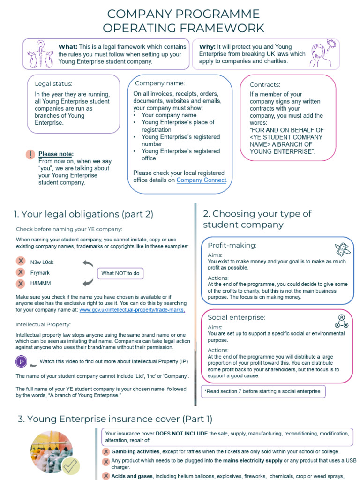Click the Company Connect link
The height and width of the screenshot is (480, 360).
tap(202, 180)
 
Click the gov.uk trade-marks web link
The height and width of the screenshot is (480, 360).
tap(132, 310)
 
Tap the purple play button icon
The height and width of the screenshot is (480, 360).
tap(21, 361)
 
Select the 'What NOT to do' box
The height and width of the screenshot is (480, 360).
tap(120, 273)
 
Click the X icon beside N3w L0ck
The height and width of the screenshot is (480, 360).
tap(21, 262)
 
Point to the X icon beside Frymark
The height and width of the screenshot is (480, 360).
tap(21, 272)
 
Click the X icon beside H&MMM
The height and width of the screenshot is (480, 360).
tap(21, 284)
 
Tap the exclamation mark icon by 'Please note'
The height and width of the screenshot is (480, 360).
tap(30, 154)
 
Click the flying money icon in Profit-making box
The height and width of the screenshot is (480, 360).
tap(343, 249)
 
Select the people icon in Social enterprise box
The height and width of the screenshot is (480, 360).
tap(342, 321)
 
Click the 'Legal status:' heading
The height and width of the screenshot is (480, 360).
tap(53, 84)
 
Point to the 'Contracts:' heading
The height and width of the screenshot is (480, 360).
tap(265, 85)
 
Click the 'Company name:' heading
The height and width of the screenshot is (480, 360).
tap(157, 83)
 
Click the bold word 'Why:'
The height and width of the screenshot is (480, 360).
tap(207, 47)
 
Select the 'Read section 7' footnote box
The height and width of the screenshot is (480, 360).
tap(263, 391)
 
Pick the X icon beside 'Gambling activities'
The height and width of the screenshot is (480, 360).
tap(106, 451)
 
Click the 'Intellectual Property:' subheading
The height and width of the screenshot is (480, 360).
tap(43, 324)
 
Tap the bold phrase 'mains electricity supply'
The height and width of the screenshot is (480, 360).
tap(253, 461)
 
